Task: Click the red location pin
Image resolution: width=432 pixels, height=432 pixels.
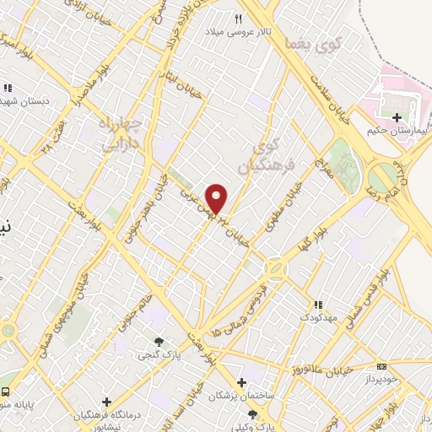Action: pyautogui.click(x=218, y=197)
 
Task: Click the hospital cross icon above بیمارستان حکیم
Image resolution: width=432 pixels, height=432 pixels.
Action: pyautogui.click(x=397, y=116)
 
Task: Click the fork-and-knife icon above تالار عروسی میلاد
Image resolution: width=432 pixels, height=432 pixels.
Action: pyautogui.click(x=240, y=19)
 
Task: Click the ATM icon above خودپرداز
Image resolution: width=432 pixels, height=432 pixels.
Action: pyautogui.click(x=382, y=366)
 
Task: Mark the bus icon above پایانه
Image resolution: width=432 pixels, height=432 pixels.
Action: pyautogui.click(x=7, y=392)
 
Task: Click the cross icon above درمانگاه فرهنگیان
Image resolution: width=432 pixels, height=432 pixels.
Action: pyautogui.click(x=107, y=402)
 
